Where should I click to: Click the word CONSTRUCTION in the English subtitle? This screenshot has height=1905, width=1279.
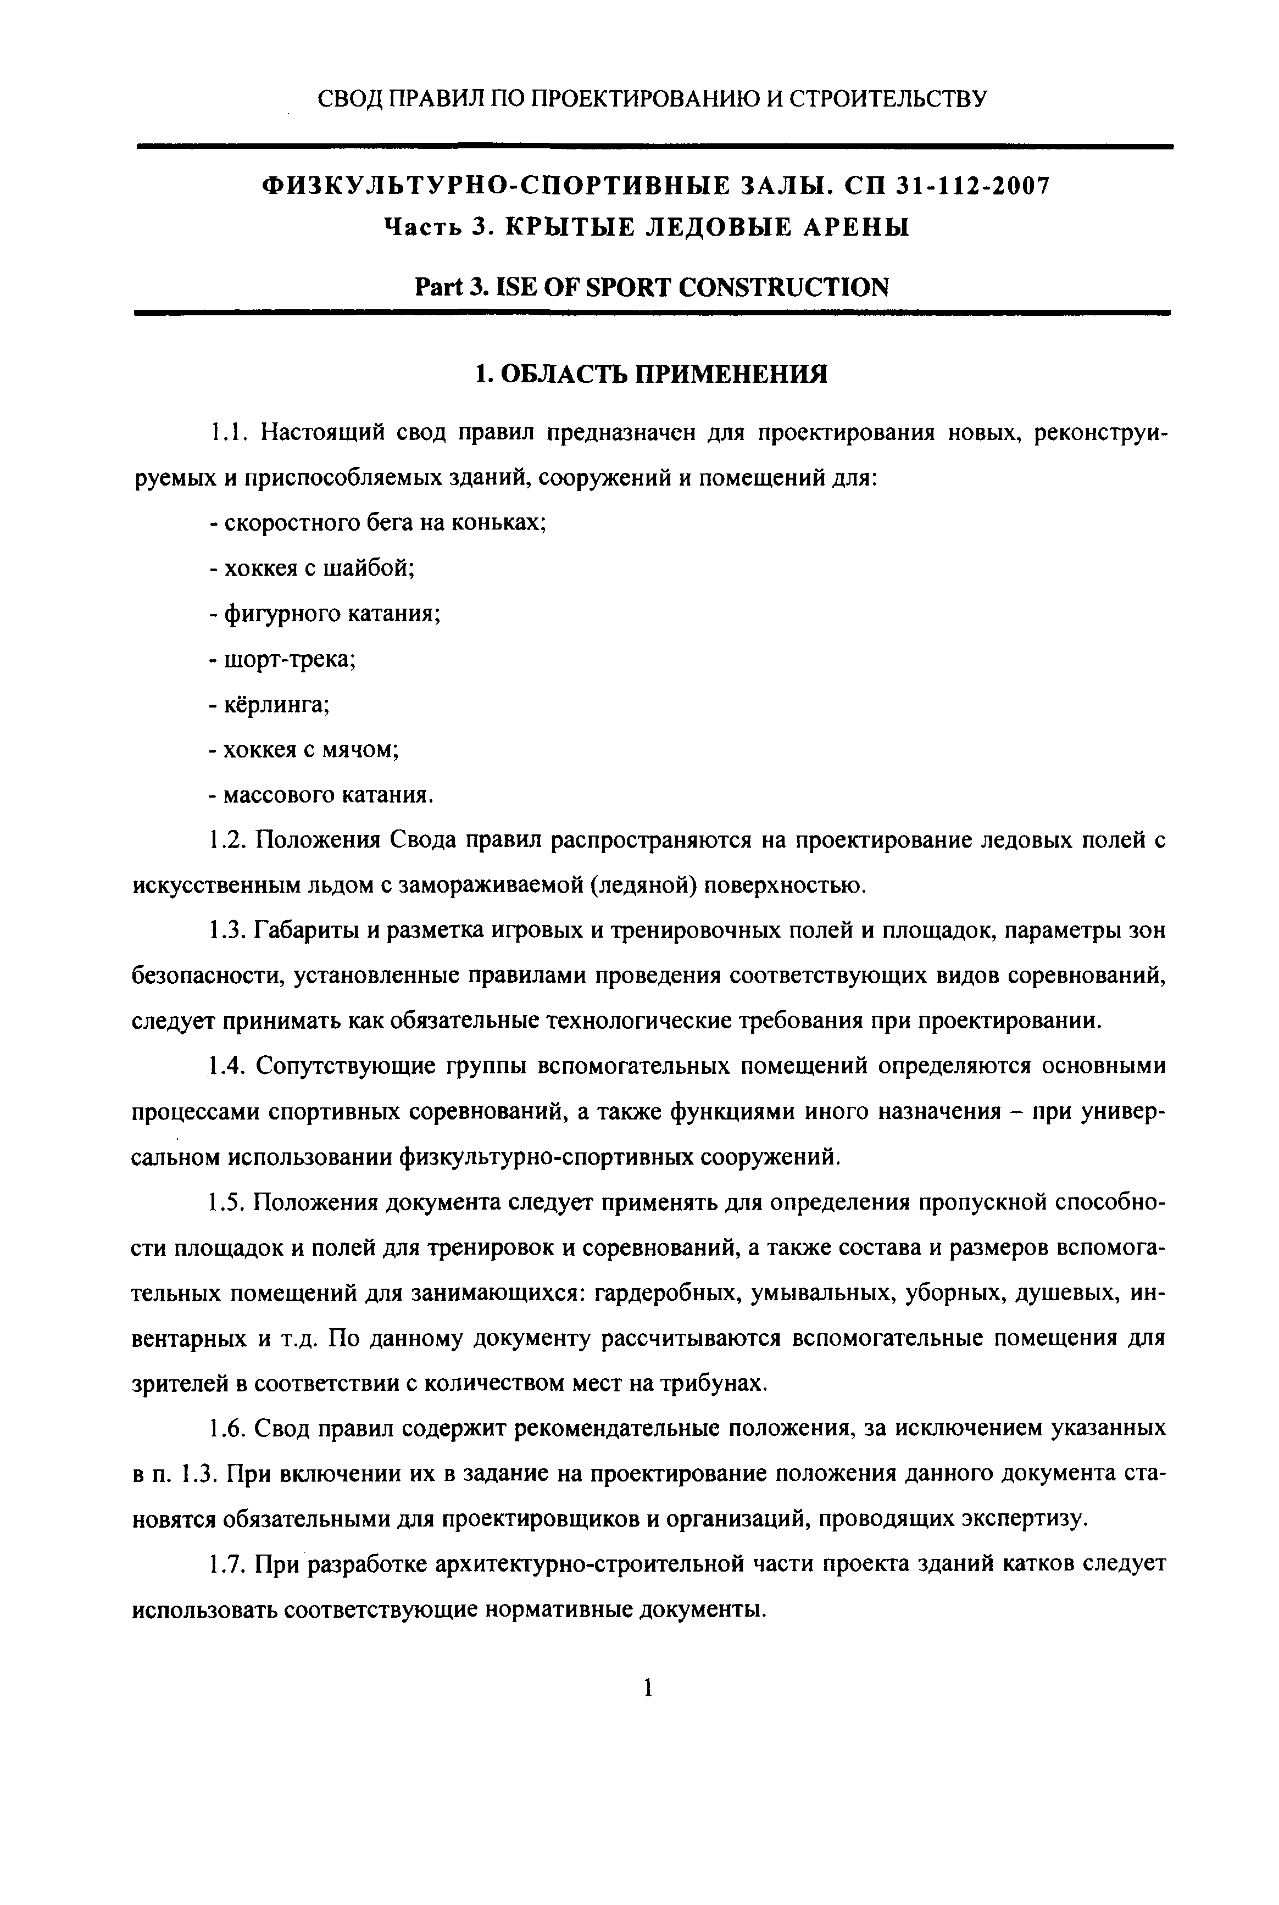(x=783, y=287)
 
